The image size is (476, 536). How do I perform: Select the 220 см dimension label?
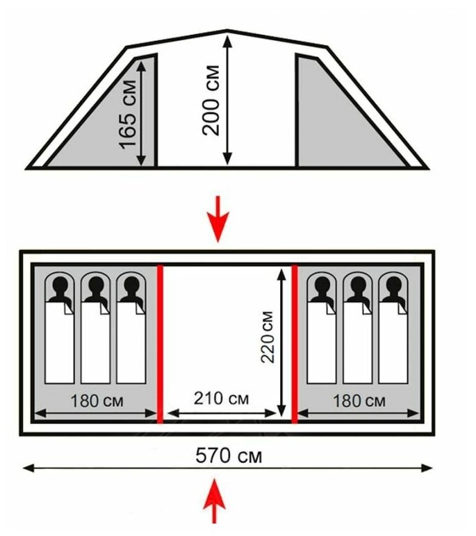click(268, 337)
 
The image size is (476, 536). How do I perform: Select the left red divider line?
click(160, 343)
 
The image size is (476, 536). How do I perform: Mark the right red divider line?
click(295, 343)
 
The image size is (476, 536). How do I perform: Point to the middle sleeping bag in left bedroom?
click(96, 344)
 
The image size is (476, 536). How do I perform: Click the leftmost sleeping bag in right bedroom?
click(322, 344)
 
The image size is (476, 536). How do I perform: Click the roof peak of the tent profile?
click(227, 31)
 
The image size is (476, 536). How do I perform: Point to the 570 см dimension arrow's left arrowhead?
click(28, 469)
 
